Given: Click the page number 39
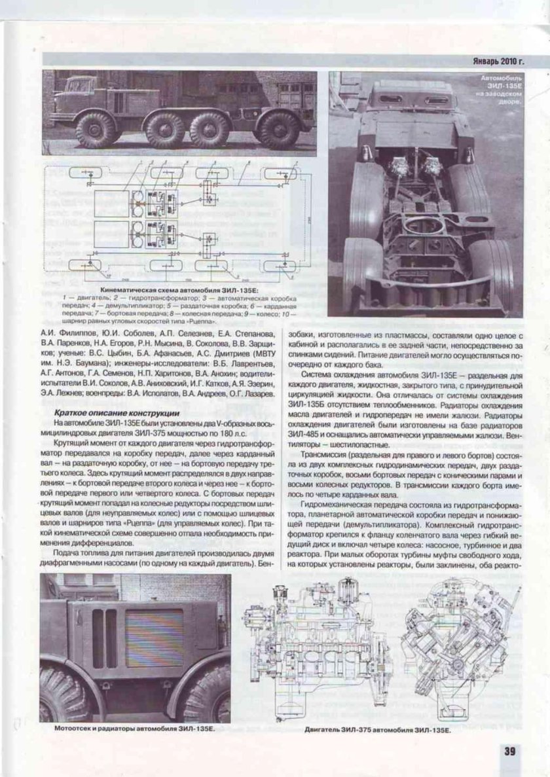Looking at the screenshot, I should [x=510, y=750].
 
